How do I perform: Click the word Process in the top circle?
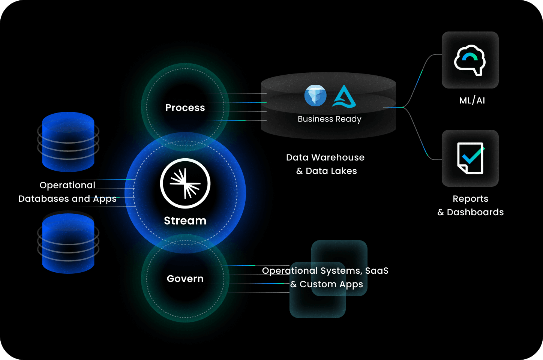(x=185, y=108)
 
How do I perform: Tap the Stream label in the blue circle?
(x=185, y=220)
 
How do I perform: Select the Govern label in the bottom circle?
(x=185, y=279)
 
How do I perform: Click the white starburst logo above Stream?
(x=185, y=183)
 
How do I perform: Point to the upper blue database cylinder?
(x=68, y=142)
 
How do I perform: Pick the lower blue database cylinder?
(x=68, y=243)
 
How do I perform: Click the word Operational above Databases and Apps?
(x=67, y=185)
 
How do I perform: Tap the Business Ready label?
(x=329, y=119)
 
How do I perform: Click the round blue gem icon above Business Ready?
(x=315, y=95)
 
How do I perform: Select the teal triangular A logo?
(x=344, y=97)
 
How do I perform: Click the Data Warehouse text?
(x=325, y=157)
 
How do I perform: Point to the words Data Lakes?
(x=331, y=171)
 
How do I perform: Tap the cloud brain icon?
(x=470, y=60)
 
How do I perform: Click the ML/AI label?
(x=472, y=100)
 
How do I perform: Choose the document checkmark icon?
(x=470, y=158)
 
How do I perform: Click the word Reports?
(x=470, y=199)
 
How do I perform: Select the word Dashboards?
(x=475, y=212)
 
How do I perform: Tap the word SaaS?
(x=377, y=271)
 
